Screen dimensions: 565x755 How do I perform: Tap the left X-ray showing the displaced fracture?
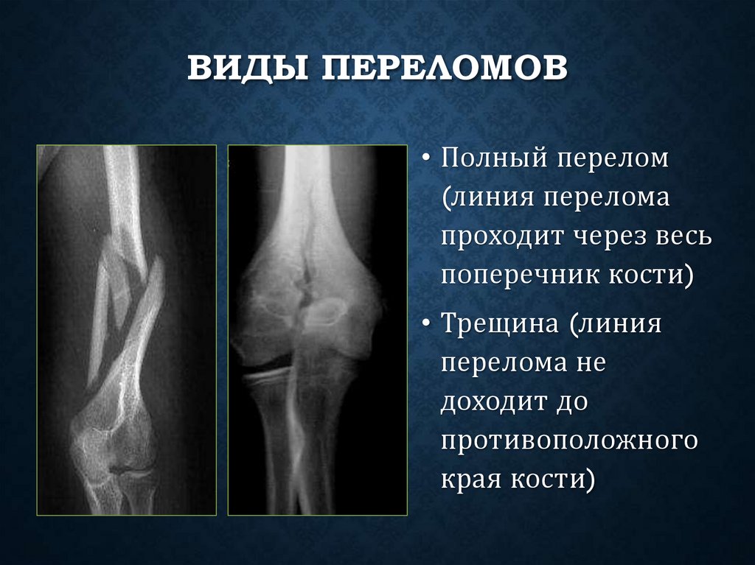tap(126, 329)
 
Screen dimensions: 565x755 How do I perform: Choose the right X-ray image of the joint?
tap(317, 329)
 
